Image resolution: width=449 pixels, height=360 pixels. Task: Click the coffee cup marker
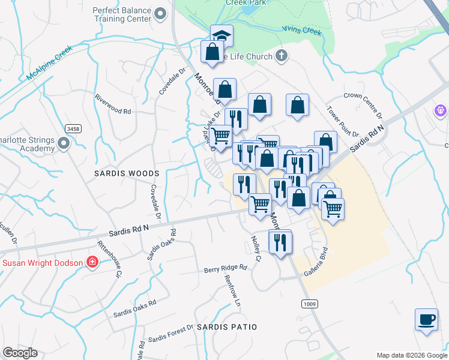click(426, 319)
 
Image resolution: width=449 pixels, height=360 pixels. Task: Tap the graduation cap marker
click(221, 36)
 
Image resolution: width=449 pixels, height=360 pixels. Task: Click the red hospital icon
click(92, 262)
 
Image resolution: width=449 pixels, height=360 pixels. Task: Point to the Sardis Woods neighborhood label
click(127, 173)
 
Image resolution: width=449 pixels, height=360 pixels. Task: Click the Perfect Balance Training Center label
click(122, 14)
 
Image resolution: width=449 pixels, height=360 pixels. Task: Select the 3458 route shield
click(73, 129)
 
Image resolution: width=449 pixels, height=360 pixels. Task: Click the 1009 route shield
click(309, 304)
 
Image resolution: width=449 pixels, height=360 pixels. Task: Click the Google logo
click(20, 353)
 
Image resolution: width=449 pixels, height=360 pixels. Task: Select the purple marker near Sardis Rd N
click(441, 111)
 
